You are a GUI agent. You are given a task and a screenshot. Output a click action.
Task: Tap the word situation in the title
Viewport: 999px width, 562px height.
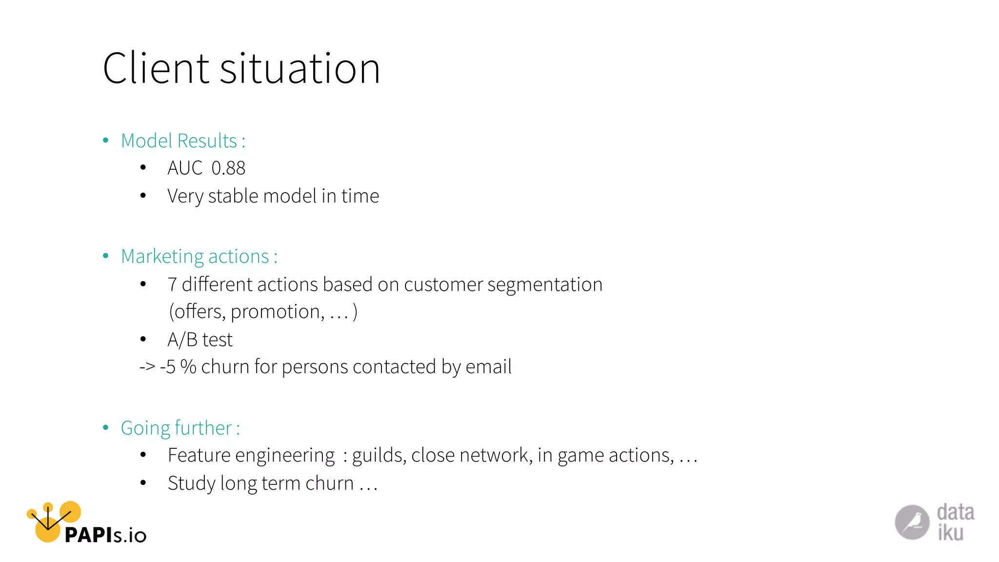point(300,68)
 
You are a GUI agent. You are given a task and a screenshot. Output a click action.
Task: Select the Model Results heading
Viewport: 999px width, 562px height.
point(183,141)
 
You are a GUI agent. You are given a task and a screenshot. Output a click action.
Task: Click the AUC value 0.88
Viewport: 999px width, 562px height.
point(228,168)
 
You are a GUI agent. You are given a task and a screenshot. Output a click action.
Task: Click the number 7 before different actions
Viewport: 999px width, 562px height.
point(172,284)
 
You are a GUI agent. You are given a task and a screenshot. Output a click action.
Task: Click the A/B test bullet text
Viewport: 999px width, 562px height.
point(200,340)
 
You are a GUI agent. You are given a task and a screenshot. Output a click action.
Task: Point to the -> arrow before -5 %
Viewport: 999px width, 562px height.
point(147,367)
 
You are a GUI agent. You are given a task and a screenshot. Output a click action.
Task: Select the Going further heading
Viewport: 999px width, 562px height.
point(180,428)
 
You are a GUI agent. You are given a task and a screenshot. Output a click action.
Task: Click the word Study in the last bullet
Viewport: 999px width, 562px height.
point(192,483)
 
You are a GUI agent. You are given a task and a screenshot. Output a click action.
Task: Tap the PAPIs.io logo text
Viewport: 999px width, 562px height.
point(105,535)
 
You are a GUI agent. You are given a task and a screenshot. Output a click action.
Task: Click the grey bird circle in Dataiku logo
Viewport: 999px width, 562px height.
point(912,522)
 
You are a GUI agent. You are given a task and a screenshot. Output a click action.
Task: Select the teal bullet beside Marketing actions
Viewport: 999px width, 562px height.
point(106,256)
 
